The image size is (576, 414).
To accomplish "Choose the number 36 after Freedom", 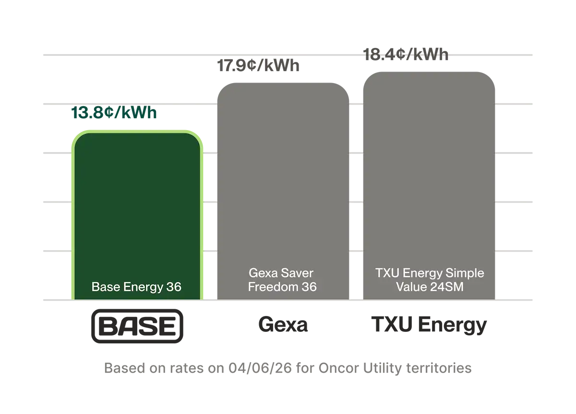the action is tap(308, 287).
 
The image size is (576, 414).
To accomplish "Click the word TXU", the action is tap(385, 274).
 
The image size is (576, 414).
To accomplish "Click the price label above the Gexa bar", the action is tap(260, 65).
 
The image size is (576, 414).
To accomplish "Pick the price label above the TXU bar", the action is tap(406, 54).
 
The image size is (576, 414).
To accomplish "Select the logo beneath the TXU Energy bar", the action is tap(429, 327).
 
